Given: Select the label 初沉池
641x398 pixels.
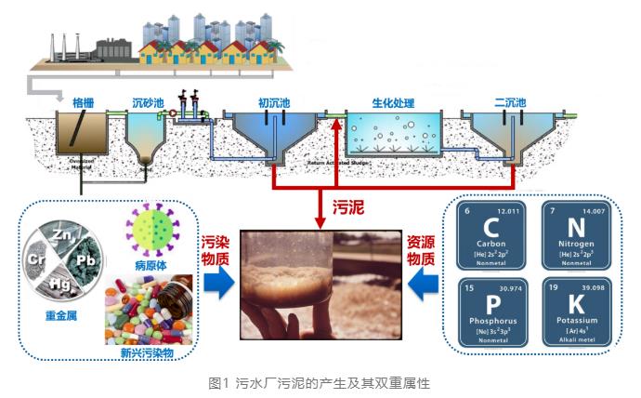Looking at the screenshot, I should point(274,101).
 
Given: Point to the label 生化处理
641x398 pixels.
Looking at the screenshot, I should point(392,101).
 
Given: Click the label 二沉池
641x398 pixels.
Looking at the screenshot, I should point(510,101).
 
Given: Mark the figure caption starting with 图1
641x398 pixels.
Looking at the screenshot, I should point(320,381).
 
